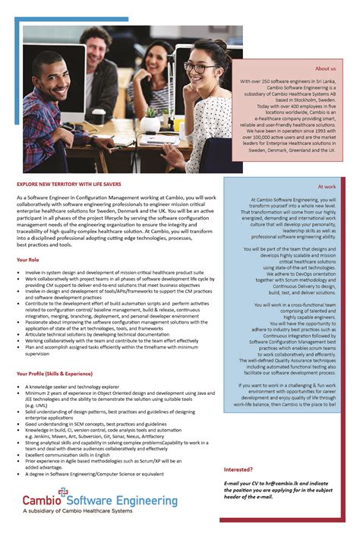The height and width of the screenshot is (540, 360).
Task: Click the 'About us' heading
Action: pyautogui.click(x=325, y=68)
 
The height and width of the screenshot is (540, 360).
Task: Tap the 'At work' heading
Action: pyautogui.click(x=327, y=186)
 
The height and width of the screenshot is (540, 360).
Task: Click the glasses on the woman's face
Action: pyautogui.click(x=200, y=68)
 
